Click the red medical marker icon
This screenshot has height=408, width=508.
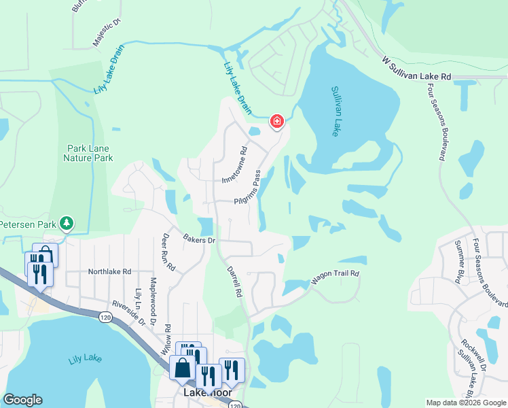pyautogui.click(x=277, y=122)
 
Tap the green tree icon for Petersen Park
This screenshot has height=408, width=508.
pyautogui.click(x=66, y=222)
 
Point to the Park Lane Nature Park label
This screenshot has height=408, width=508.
pyautogui.click(x=88, y=153)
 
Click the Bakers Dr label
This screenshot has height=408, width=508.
pyautogui.click(x=199, y=239)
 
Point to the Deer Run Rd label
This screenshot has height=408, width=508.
pyautogui.click(x=168, y=252)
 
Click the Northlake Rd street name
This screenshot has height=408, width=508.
pyautogui.click(x=109, y=271)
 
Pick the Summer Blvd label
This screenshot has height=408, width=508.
pyautogui.click(x=464, y=261)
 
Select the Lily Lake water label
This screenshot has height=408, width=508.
pyautogui.click(x=84, y=359)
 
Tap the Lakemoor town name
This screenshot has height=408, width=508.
pyautogui.click(x=208, y=393)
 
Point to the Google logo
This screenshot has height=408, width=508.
pyautogui.click(x=23, y=400)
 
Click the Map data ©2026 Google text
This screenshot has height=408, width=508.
pyautogui.click(x=465, y=403)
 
